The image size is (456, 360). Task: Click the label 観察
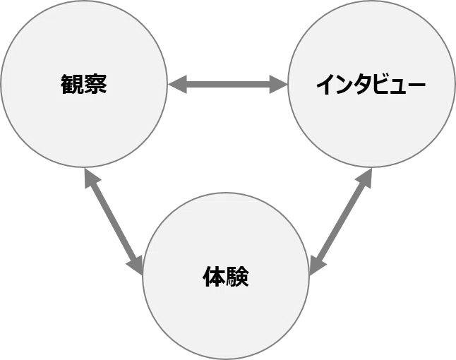pyautogui.click(x=84, y=84)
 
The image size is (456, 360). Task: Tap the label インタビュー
pyautogui.click(x=371, y=84)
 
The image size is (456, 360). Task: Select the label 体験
pyautogui.click(x=226, y=276)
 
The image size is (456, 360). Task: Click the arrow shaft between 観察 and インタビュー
pyautogui.click(x=228, y=85)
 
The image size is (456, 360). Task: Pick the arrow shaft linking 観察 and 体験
pyautogui.click(x=114, y=222)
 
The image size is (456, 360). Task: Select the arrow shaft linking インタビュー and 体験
pyautogui.click(x=341, y=222)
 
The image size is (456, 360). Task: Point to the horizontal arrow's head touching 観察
pyautogui.click(x=177, y=85)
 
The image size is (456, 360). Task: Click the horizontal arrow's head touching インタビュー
pyautogui.click(x=279, y=85)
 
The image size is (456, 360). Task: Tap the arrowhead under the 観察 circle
pyautogui.click(x=90, y=178)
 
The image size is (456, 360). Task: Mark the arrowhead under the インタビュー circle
pyautogui.click(x=365, y=178)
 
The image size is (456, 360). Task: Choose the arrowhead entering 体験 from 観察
pyautogui.click(x=136, y=265)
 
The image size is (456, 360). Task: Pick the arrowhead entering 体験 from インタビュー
pyautogui.click(x=318, y=265)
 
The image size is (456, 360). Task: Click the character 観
pyautogui.click(x=72, y=84)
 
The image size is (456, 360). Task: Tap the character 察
pyautogui.click(x=95, y=84)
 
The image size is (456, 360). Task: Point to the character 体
pyautogui.click(x=214, y=276)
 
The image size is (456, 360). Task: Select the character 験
pyautogui.click(x=237, y=276)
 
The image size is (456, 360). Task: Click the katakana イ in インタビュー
pyautogui.click(x=325, y=84)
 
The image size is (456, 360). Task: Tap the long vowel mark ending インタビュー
pyautogui.click(x=416, y=85)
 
